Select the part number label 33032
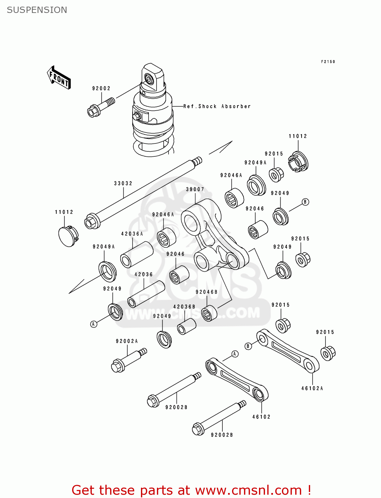click(x=123, y=183)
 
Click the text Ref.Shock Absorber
click(x=217, y=106)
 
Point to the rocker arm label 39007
click(x=195, y=189)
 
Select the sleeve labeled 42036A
click(x=137, y=254)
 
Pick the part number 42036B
click(x=184, y=307)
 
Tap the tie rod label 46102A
click(x=312, y=388)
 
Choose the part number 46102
click(x=261, y=417)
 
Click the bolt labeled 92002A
click(x=127, y=361)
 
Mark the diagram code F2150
click(x=328, y=62)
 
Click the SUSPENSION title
click(x=37, y=10)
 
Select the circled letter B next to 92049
click(x=305, y=202)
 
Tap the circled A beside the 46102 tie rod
click(x=235, y=354)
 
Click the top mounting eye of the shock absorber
click(x=149, y=79)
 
